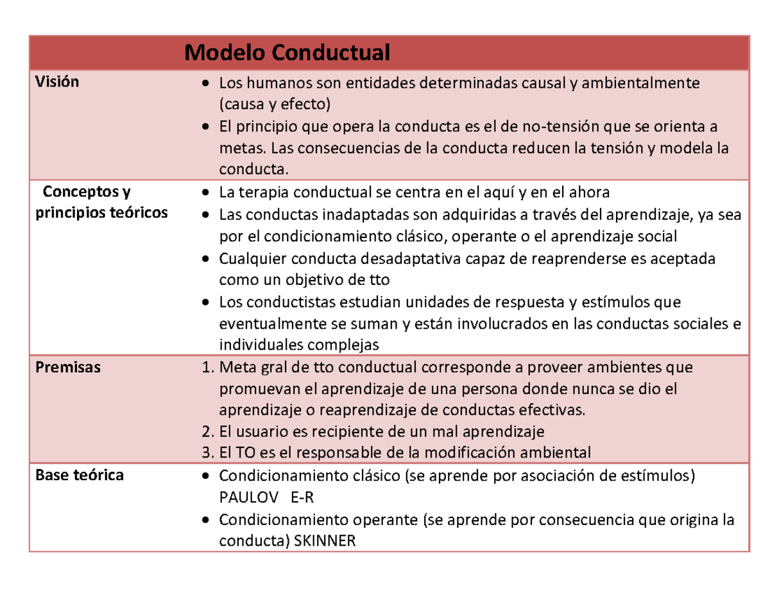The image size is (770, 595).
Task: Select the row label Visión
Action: tap(57, 82)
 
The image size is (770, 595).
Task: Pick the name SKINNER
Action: tap(324, 541)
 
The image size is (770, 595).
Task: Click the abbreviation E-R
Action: tap(302, 497)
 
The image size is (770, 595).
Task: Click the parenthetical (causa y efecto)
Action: tap(275, 105)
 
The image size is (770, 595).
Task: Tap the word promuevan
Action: tap(252, 389)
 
